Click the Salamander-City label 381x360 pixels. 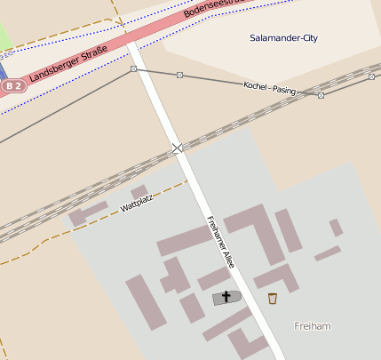tap(284, 38)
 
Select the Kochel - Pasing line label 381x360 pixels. tap(270, 88)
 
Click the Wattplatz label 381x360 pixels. tap(137, 205)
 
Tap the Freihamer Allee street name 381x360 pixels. tap(220, 243)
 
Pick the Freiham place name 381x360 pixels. tap(313, 326)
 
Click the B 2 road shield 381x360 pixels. tap(12, 85)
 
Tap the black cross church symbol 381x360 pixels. tap(226, 297)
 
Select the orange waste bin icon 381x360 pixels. tap(272, 298)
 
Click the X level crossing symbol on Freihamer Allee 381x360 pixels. tap(177, 148)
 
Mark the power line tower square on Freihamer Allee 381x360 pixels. tap(133, 68)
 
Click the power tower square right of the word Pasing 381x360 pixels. tap(321, 95)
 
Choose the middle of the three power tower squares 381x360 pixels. tap(179, 75)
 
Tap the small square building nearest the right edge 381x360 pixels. tap(337, 228)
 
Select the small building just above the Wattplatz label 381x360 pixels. tap(139, 191)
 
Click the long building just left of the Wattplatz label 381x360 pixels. tap(88, 214)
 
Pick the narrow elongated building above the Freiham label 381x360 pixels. tap(327, 253)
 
